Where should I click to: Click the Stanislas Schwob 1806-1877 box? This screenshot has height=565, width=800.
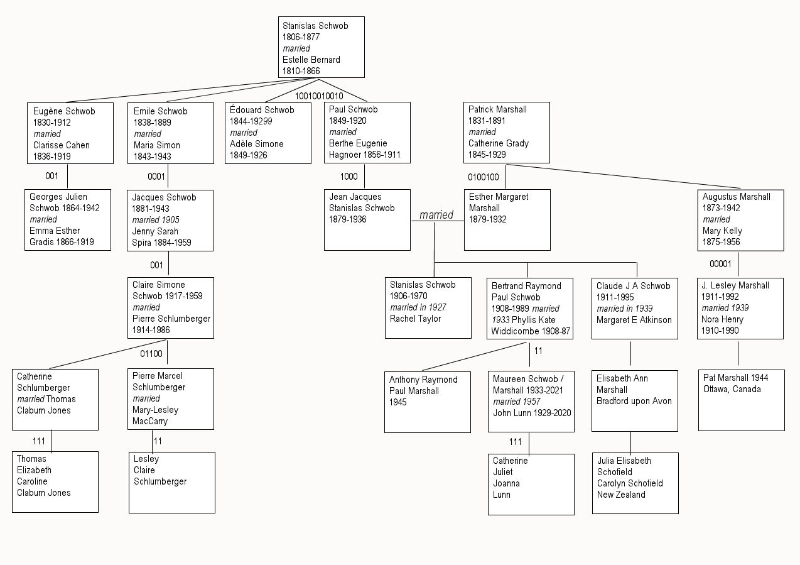pyautogui.click(x=321, y=47)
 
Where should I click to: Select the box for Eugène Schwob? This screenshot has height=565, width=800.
pyautogui.click(x=70, y=133)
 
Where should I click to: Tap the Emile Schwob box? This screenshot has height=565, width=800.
pyautogui.click(x=170, y=133)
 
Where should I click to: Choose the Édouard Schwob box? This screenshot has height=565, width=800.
pyautogui.click(x=268, y=133)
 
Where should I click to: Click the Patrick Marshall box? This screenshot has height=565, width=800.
pyautogui.click(x=507, y=133)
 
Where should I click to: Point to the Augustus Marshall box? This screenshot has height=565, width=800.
pyautogui.click(x=742, y=220)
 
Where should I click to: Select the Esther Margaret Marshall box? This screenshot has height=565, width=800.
pyautogui.click(x=507, y=219)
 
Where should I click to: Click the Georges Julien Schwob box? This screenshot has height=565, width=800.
pyautogui.click(x=68, y=219)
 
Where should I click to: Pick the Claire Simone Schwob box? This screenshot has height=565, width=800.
pyautogui.click(x=170, y=307)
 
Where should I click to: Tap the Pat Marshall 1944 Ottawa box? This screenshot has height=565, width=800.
pyautogui.click(x=741, y=400)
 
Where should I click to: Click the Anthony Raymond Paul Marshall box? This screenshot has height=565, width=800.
pyautogui.click(x=427, y=402)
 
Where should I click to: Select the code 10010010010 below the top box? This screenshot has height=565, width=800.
pyautogui.click(x=319, y=96)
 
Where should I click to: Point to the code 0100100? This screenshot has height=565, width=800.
pyautogui.click(x=483, y=177)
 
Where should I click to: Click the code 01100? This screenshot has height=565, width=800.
pyautogui.click(x=151, y=354)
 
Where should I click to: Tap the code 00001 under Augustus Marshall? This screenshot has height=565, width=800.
pyautogui.click(x=720, y=264)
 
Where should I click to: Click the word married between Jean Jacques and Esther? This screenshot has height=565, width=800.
pyautogui.click(x=436, y=215)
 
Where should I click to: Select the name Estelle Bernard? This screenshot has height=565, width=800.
pyautogui.click(x=311, y=60)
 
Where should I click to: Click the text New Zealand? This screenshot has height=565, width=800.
pyautogui.click(x=621, y=495)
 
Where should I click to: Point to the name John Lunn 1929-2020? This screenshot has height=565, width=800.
pyautogui.click(x=531, y=413)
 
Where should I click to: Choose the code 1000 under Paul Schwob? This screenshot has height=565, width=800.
pyautogui.click(x=349, y=176)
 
